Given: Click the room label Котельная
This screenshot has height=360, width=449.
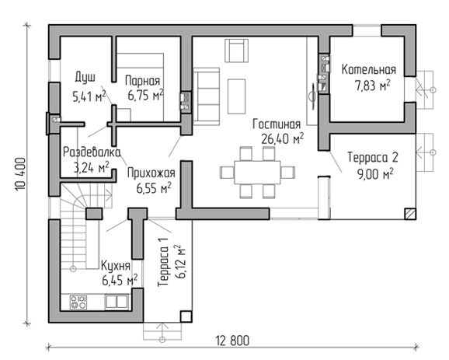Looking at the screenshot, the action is point(368,70).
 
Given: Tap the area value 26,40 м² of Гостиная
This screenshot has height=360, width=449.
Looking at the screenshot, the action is point(282,139).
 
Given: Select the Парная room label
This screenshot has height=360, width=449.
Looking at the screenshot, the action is point(143,81).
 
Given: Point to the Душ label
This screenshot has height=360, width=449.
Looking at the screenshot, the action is point(85,78).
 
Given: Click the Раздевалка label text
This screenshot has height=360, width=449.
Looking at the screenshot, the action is point(92,152).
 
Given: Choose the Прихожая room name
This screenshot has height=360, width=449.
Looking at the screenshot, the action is point(151,173).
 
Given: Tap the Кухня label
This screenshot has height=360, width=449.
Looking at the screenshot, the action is point(116,266).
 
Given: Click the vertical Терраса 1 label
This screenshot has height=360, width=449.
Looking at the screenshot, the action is point(163,263).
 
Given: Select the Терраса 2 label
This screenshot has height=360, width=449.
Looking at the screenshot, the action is point(373,157).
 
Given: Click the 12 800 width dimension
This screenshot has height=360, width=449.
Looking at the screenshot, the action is point(232,341).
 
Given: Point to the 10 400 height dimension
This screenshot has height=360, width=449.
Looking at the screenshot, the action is point(21,174).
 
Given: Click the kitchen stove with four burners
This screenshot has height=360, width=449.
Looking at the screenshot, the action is point(78,302).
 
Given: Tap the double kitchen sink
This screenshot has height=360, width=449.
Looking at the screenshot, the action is point(117,302).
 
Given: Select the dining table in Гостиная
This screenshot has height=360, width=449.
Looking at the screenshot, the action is point(257,173).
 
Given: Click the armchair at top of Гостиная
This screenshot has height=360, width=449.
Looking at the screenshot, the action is point(236,51).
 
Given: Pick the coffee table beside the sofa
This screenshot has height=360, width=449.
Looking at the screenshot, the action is point(236,96).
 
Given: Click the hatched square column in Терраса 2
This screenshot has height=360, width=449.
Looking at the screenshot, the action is point(410,214).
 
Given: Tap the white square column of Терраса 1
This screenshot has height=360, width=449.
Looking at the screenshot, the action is point(186,317).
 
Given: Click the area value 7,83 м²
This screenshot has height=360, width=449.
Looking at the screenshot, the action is point(373,86).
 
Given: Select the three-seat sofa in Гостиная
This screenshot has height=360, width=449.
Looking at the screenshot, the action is point(207,96).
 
